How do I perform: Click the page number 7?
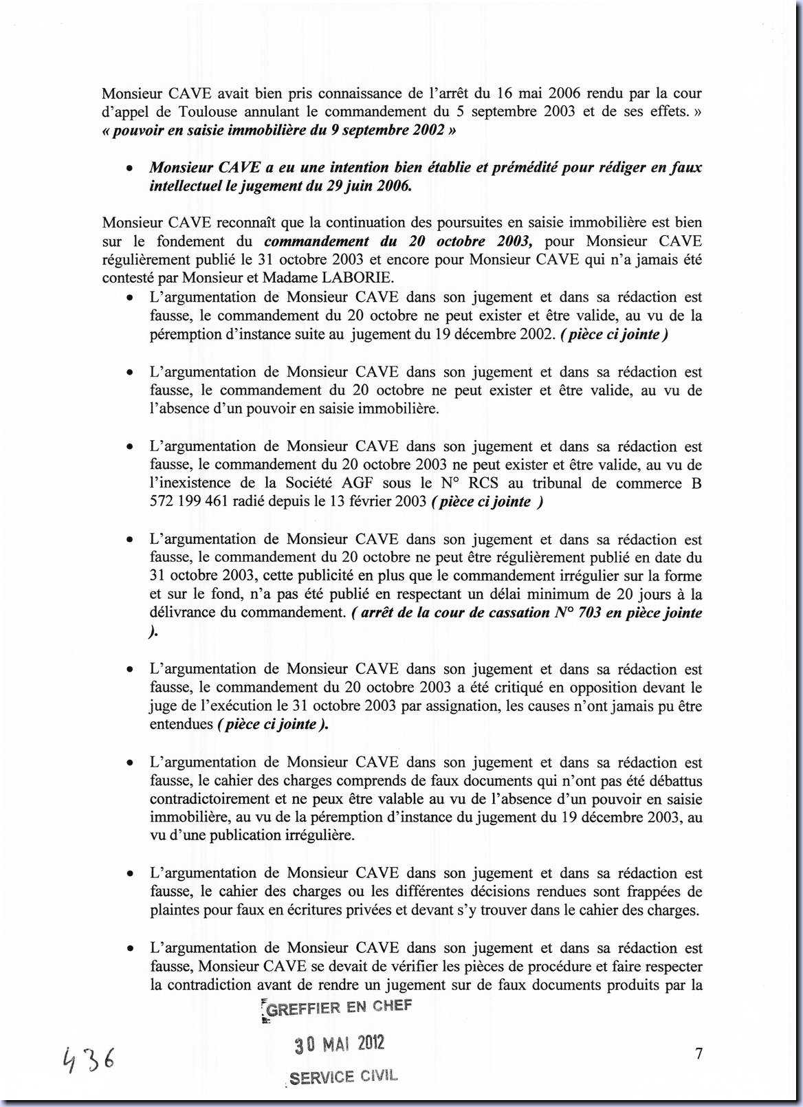coord(698,1053)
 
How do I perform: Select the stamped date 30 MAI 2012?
coord(340,1044)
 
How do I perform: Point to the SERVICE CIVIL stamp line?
coord(343,1077)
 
